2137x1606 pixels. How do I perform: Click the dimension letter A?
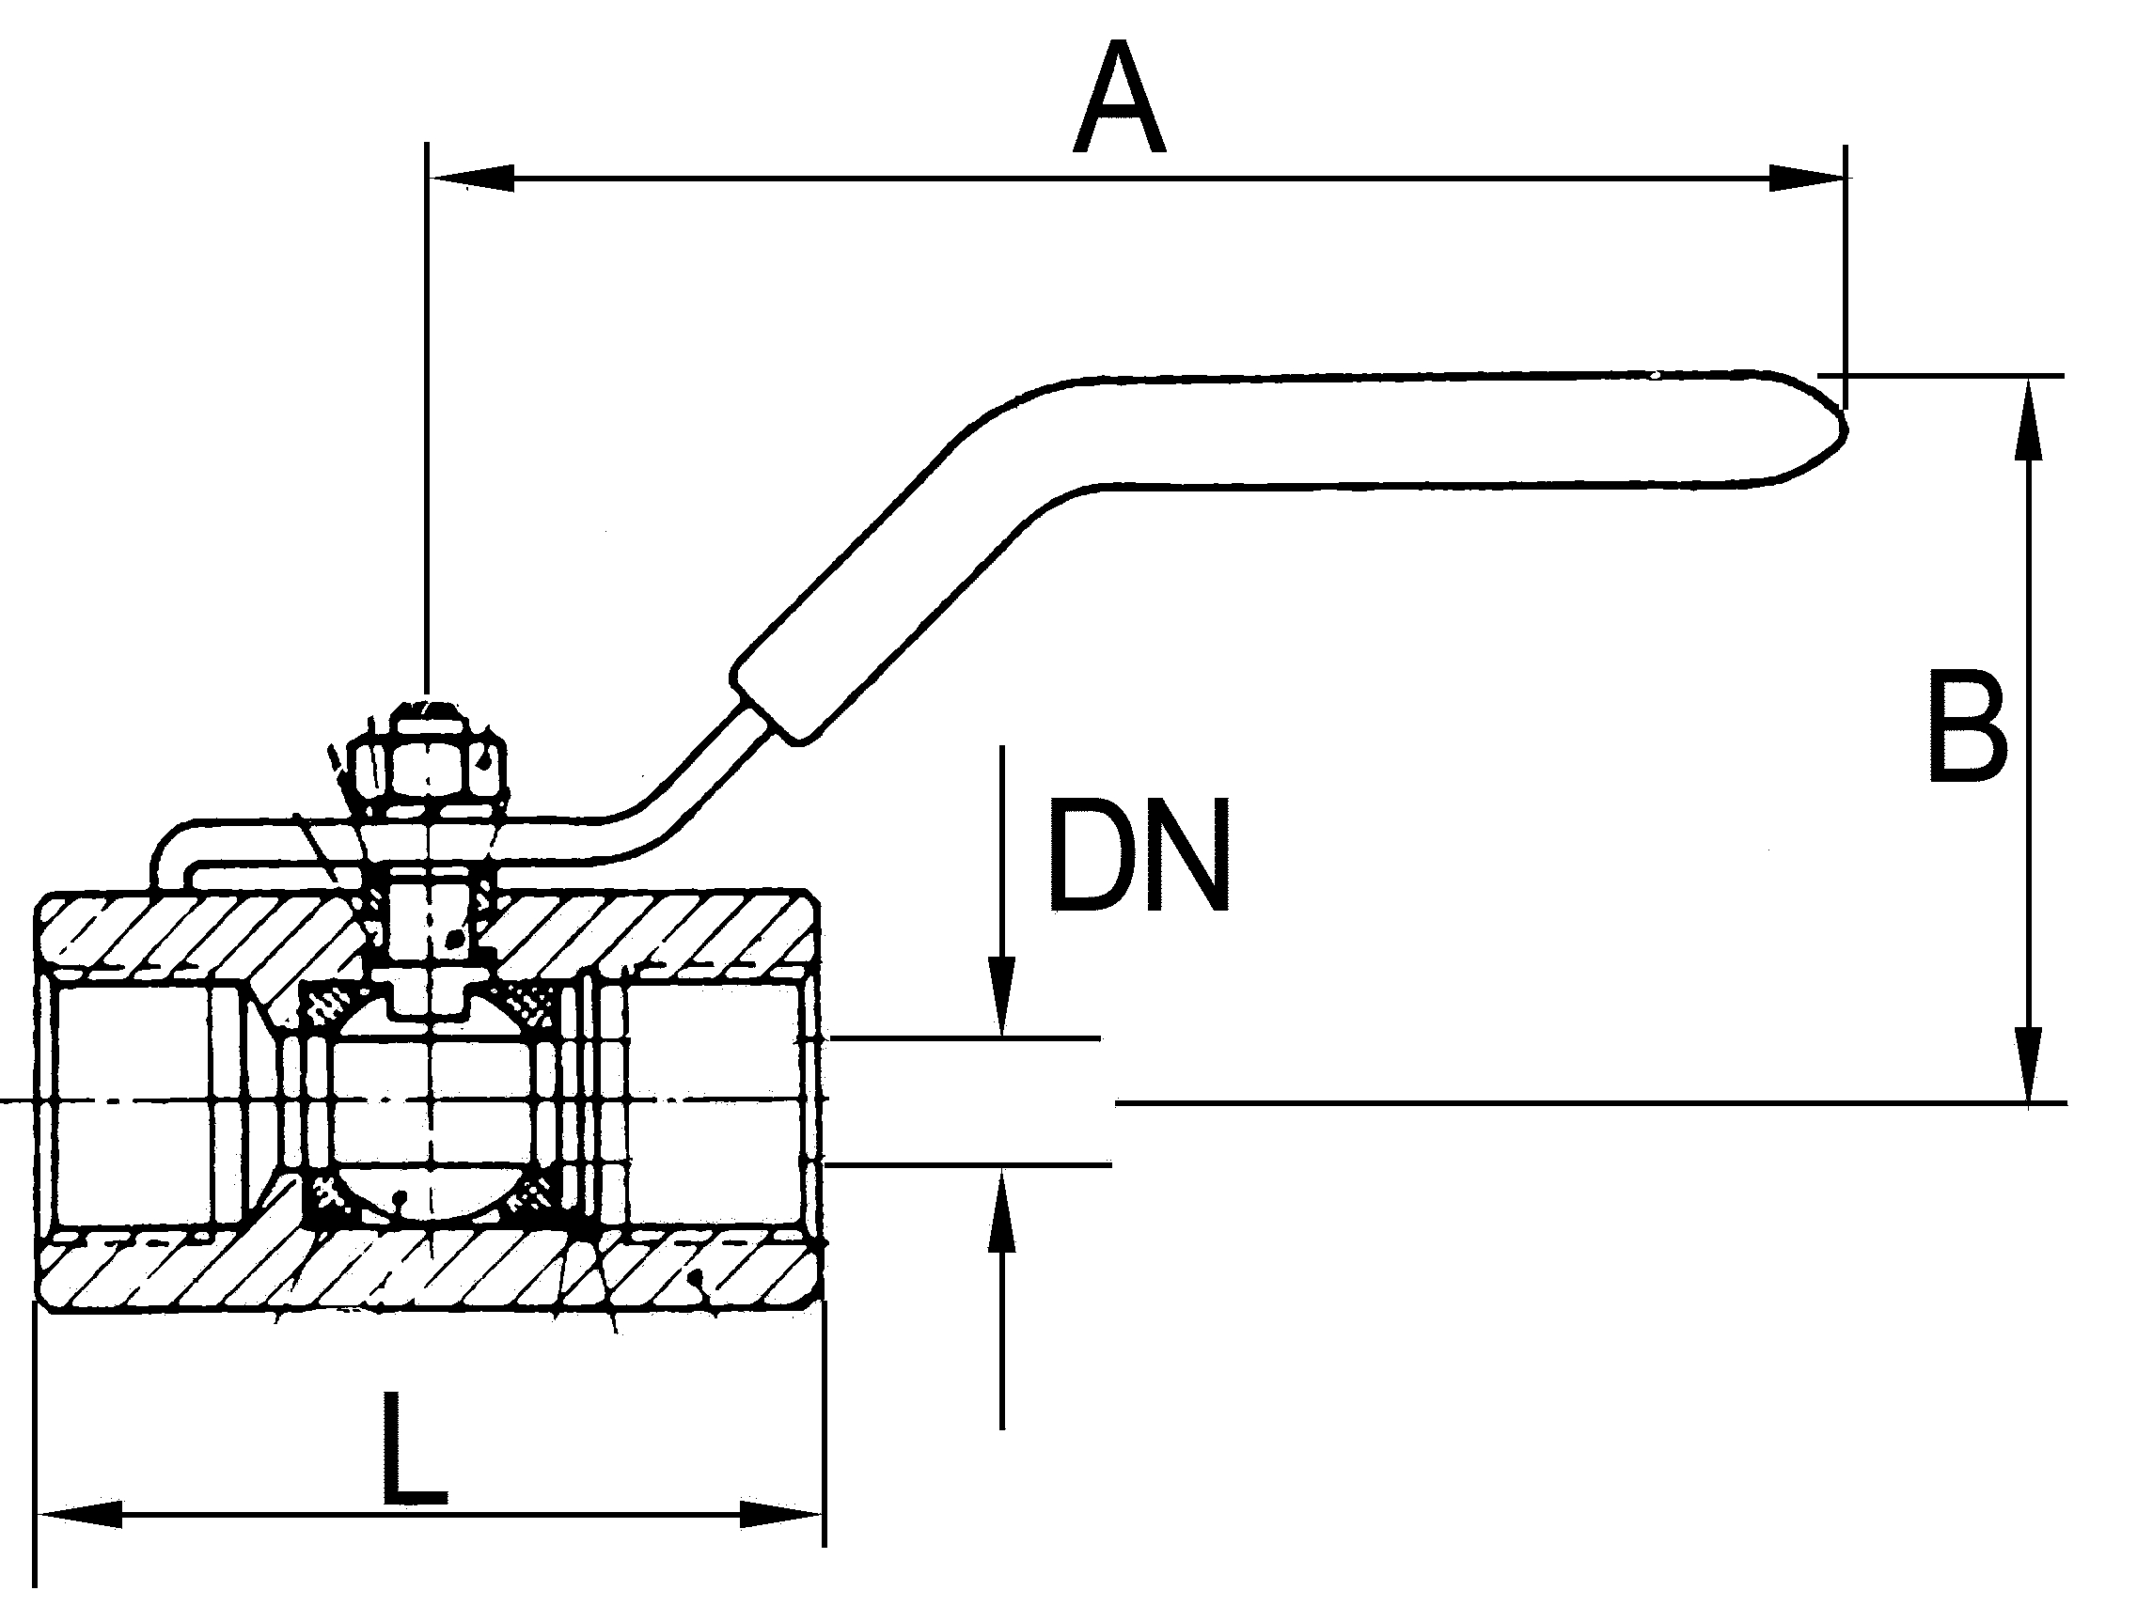1119,99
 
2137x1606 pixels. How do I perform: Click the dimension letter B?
1967,727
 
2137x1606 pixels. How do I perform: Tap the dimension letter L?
414,1450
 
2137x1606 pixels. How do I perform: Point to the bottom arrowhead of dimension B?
2031,1063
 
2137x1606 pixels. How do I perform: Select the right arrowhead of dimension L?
782,1514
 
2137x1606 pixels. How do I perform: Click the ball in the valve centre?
431,1101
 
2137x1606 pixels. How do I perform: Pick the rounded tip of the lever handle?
1826,426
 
